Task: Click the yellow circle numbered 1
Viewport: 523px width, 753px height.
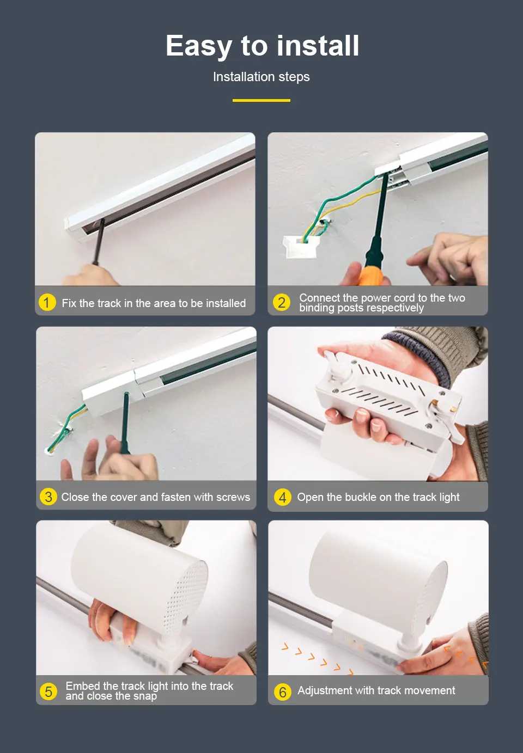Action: click(x=47, y=302)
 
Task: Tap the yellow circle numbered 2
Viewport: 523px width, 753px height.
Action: click(x=282, y=302)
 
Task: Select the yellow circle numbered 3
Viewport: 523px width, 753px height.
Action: click(x=48, y=497)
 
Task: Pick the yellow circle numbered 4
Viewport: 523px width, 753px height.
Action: click(x=283, y=497)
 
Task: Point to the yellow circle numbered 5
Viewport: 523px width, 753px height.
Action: click(x=48, y=691)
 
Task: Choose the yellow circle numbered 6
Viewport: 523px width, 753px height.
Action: click(x=283, y=692)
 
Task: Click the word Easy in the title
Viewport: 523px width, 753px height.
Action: click(x=199, y=46)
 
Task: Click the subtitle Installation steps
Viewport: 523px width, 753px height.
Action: click(x=261, y=77)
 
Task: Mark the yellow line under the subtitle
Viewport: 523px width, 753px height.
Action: click(x=261, y=100)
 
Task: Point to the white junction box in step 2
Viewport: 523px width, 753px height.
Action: click(x=301, y=246)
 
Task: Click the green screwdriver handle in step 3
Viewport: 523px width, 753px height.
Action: click(x=125, y=423)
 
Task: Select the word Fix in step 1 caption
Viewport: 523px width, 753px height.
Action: click(x=69, y=303)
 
